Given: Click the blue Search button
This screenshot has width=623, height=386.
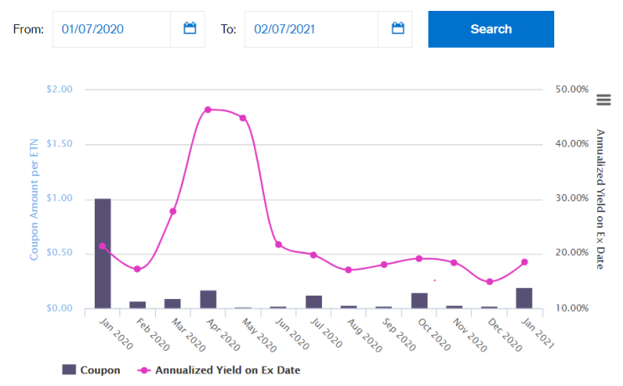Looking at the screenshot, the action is pyautogui.click(x=491, y=29).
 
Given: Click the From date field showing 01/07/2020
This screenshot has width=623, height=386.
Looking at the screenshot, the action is pyautogui.click(x=112, y=29).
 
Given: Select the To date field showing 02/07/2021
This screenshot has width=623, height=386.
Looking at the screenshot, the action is pyautogui.click(x=311, y=29).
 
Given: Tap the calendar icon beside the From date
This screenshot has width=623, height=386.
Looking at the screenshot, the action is pyautogui.click(x=190, y=28).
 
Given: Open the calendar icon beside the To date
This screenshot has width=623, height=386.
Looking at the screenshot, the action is pyautogui.click(x=398, y=28).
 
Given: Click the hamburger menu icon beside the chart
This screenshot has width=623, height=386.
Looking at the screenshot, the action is pyautogui.click(x=604, y=100).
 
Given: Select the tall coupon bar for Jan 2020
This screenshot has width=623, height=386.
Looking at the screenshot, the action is pyautogui.click(x=102, y=254).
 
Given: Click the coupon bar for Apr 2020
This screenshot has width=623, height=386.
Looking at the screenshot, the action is pyautogui.click(x=208, y=300).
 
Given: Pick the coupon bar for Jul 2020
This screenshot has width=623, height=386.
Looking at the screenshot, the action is pyautogui.click(x=314, y=302).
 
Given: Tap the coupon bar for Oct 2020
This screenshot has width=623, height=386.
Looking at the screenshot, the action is pyautogui.click(x=419, y=301).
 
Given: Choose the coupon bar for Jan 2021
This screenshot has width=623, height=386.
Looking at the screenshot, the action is pyautogui.click(x=524, y=298).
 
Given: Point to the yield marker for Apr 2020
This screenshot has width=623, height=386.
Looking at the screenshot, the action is pyautogui.click(x=208, y=110).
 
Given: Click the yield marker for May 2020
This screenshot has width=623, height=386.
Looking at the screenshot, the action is pyautogui.click(x=243, y=118).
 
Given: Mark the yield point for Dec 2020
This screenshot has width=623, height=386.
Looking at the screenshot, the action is pyautogui.click(x=490, y=281).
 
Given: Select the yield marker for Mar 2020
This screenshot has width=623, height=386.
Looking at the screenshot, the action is pyautogui.click(x=173, y=212).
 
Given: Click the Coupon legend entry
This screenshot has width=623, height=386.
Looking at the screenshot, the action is pyautogui.click(x=91, y=370).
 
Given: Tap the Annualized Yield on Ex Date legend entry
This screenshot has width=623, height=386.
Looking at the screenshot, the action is pyautogui.click(x=219, y=370).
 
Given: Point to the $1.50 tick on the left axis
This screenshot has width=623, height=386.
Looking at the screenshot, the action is pyautogui.click(x=60, y=144).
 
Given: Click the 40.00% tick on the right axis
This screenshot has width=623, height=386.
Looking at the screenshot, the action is pyautogui.click(x=572, y=144).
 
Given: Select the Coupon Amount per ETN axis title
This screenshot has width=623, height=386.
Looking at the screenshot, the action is pyautogui.click(x=34, y=199).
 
